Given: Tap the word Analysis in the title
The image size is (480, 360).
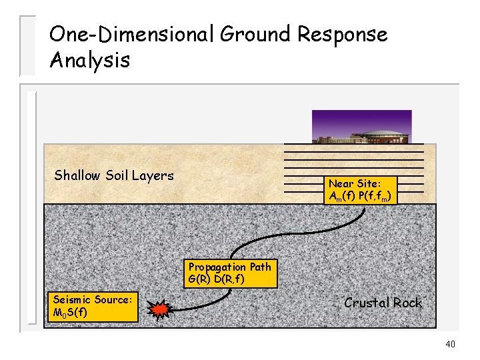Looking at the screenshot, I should (89, 61).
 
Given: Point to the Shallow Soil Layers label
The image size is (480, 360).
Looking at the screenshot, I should (113, 175).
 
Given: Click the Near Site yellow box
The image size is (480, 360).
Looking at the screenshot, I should (361, 189).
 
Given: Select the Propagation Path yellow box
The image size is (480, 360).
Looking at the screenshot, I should (229, 273).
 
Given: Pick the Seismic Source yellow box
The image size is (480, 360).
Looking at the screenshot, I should (94, 307).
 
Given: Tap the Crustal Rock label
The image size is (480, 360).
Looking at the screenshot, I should (383, 303).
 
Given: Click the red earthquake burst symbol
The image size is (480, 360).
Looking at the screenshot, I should (160, 309).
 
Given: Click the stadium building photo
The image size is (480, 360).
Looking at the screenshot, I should (361, 127).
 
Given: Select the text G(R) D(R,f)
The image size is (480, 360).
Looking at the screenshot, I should (216, 279).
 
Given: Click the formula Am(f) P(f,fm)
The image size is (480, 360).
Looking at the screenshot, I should (361, 196).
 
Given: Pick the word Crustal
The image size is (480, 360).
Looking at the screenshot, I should (366, 303).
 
